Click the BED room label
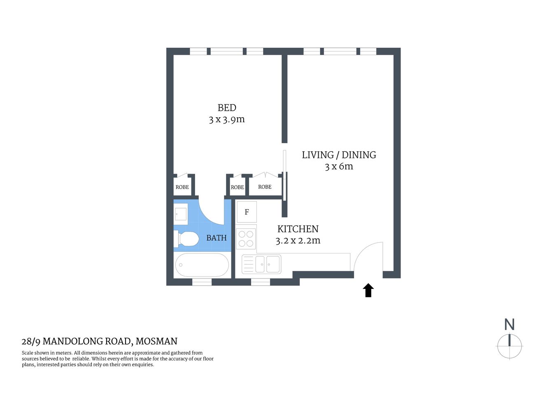[227, 108]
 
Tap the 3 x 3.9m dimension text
[227, 120]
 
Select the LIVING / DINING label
[339, 155]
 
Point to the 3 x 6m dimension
[339, 167]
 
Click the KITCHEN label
[298, 229]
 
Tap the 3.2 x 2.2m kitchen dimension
[298, 241]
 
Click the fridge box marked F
[247, 212]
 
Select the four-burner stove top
[246, 239]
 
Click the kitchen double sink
[262, 264]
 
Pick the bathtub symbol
[202, 265]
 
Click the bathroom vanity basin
[181, 214]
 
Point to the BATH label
[217, 238]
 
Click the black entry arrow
[368, 290]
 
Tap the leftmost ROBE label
[182, 187]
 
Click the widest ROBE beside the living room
[265, 187]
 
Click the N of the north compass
[509, 325]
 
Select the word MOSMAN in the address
[156, 342]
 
